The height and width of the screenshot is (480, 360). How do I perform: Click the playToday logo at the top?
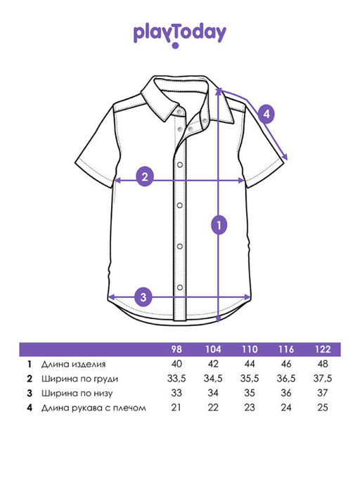coord(180,35)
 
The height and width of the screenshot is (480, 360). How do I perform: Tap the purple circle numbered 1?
coord(219,226)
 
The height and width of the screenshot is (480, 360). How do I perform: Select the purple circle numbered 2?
coord(145,176)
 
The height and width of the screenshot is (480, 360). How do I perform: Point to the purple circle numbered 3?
coord(143,297)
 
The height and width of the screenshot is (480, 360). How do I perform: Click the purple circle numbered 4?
coord(266,114)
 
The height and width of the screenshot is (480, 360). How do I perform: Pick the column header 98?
coord(176,349)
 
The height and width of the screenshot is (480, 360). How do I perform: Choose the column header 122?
coord(323,349)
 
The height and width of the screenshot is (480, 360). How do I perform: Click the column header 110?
coord(250,349)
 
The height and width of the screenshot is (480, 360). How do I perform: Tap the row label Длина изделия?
coord(74,364)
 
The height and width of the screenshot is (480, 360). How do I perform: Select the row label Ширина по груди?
coord(79,379)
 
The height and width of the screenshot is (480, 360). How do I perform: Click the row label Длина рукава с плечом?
coord(94,408)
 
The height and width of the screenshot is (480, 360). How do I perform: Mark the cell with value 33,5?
coord(176,379)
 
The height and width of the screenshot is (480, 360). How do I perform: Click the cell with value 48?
coord(323,364)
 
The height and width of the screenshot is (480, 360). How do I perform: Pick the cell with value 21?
coord(176,408)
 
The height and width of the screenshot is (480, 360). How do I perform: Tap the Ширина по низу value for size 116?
coord(286,393)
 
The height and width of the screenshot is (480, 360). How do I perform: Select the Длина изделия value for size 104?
coord(213,364)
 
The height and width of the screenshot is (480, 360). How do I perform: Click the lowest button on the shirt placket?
coord(180,287)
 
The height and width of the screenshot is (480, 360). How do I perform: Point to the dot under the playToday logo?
coord(175,46)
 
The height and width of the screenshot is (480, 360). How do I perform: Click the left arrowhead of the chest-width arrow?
coord(117,181)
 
